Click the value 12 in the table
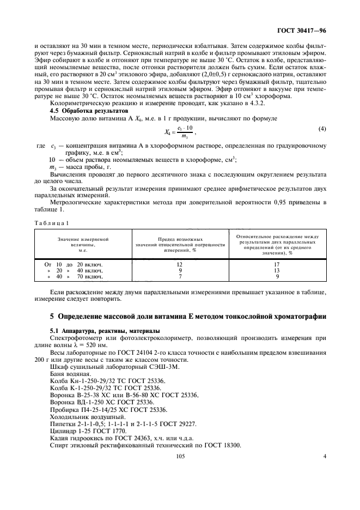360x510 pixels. pos(180,264)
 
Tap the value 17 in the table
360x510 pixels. pos(277,264)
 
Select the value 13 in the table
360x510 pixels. pos(277,270)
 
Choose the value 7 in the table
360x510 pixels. pos(180,276)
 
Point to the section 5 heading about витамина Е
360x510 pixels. pos(180,316)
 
